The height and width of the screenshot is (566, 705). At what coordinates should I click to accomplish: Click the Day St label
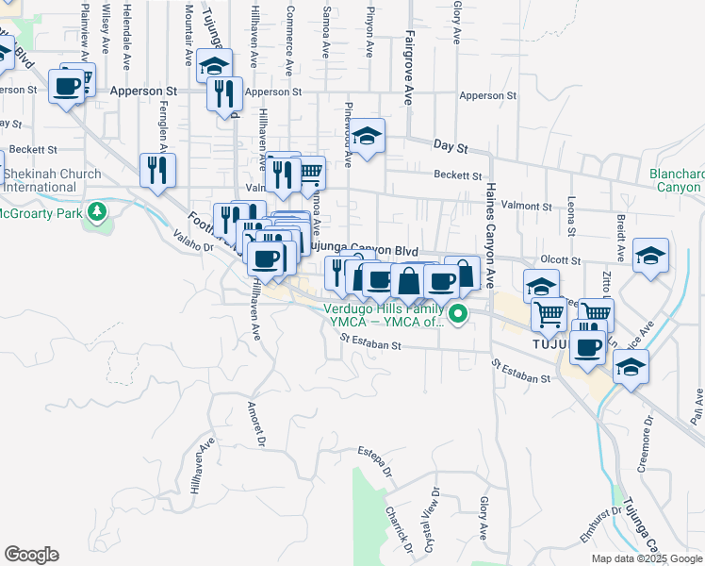coord(451,147)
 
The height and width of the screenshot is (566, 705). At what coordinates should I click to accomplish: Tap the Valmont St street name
coord(526,205)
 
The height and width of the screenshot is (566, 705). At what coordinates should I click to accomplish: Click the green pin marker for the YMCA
coord(458,315)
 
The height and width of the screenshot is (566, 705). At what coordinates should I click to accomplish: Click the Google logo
coord(31,555)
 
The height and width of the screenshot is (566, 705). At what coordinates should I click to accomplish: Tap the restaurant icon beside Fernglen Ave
coord(157,171)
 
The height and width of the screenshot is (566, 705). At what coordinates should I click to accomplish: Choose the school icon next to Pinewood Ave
coord(368,137)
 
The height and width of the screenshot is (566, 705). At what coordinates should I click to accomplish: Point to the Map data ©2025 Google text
coord(646,558)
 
